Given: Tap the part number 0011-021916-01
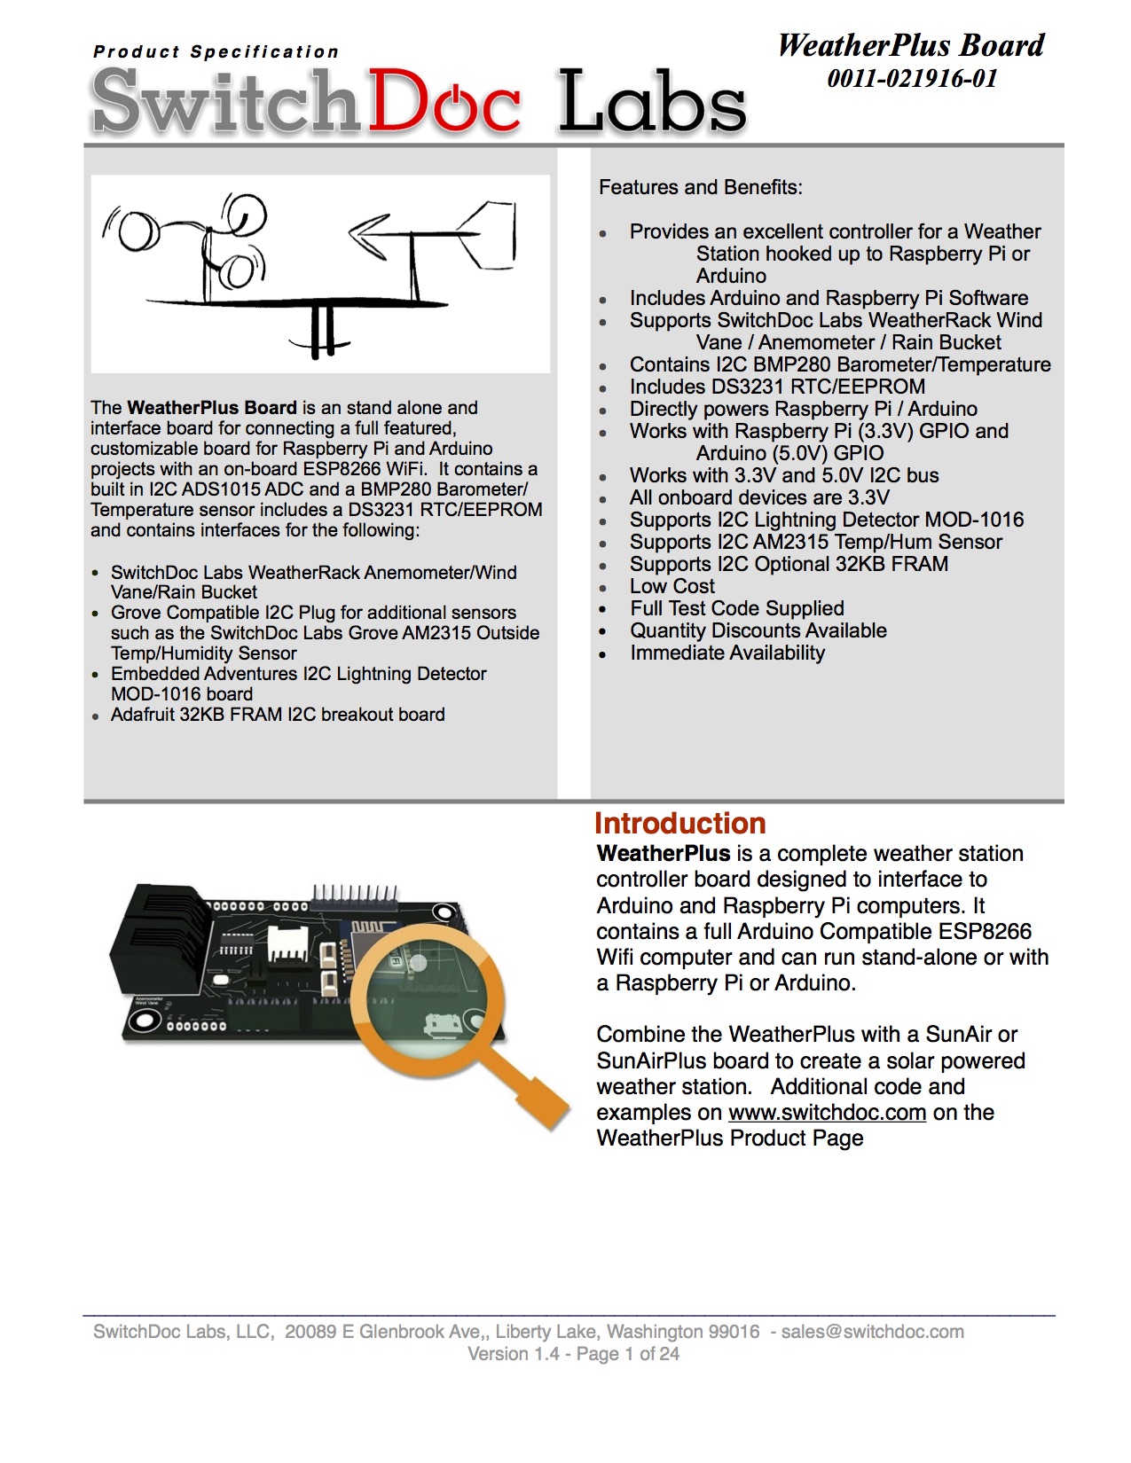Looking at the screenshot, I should (912, 79).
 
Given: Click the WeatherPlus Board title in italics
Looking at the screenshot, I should (911, 46).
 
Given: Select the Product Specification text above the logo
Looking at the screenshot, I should (216, 52).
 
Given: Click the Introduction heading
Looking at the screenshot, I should (679, 824).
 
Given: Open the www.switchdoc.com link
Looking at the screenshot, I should (827, 1113).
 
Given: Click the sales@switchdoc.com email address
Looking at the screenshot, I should (872, 1332).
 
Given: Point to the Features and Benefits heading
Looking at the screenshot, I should (701, 188).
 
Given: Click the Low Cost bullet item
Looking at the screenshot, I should (672, 587).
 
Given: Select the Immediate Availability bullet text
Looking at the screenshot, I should (727, 653).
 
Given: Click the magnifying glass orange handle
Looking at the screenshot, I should (528, 1087).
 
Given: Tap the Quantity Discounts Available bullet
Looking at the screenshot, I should (758, 631).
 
